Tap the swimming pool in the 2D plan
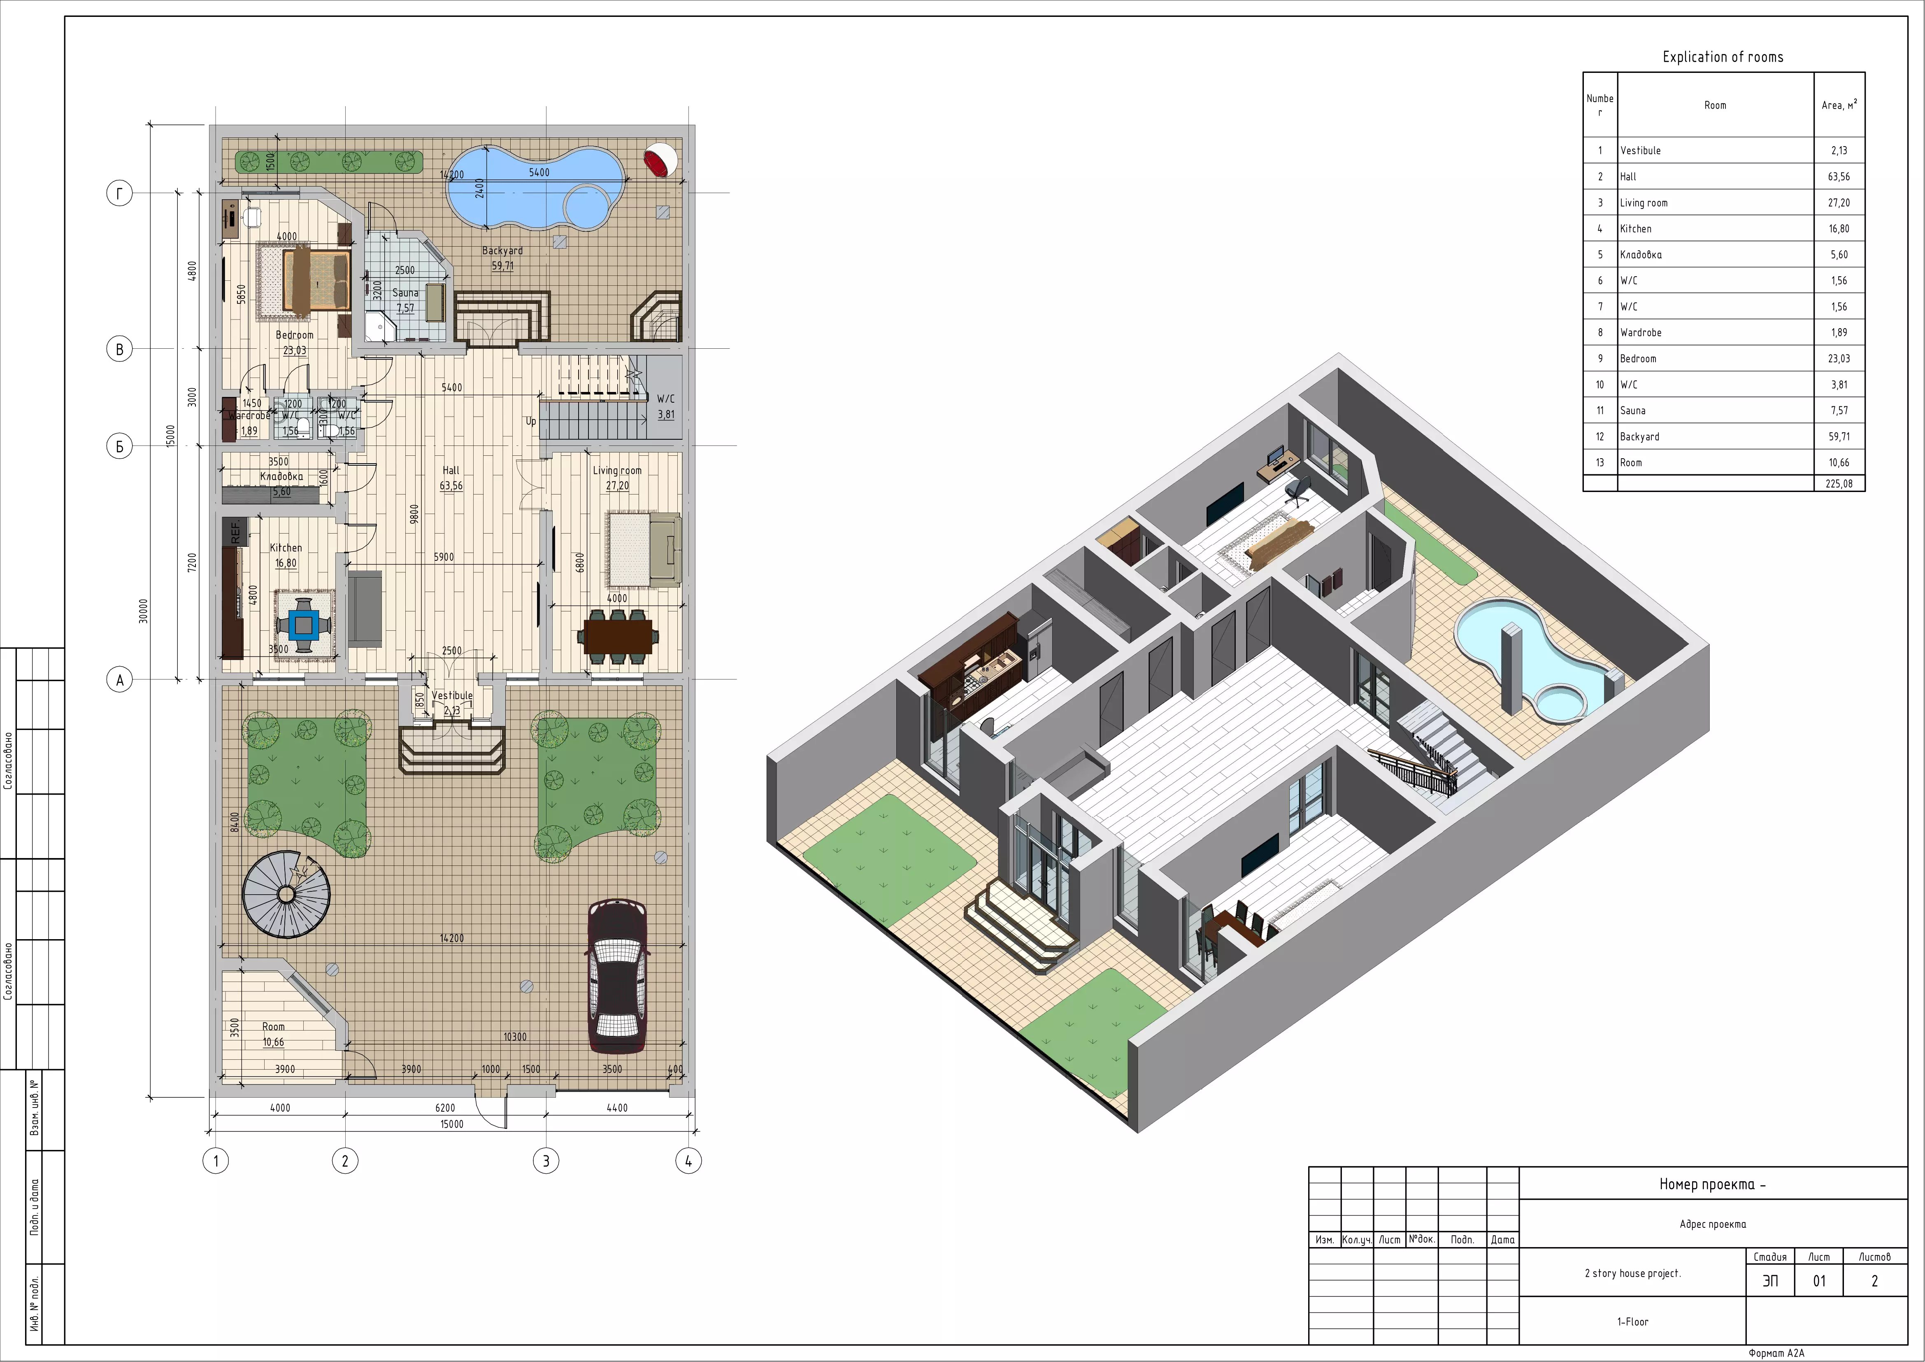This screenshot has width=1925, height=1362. click(537, 188)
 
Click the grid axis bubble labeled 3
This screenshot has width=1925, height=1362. click(546, 1161)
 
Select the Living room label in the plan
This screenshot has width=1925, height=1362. click(617, 471)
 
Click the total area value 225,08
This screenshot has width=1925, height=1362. click(1839, 484)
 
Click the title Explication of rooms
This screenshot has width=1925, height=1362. click(1723, 57)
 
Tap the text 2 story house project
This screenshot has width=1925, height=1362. click(1632, 1273)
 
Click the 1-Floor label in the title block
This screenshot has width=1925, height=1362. click(1632, 1322)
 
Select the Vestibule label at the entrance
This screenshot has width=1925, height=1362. click(452, 695)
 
